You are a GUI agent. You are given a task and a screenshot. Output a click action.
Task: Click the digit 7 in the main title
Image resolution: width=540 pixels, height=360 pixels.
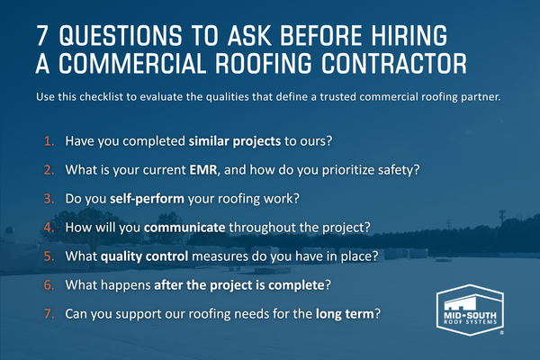(x=42, y=35)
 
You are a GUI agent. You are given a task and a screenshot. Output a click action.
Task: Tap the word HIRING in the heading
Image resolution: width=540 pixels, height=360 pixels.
(x=409, y=35)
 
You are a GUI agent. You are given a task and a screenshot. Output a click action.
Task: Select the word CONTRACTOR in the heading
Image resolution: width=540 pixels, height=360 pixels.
(x=394, y=64)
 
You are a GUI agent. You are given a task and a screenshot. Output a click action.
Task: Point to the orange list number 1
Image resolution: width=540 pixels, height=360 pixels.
(x=49, y=141)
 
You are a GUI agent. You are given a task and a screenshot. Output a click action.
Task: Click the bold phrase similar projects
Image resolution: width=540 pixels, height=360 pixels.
(x=235, y=141)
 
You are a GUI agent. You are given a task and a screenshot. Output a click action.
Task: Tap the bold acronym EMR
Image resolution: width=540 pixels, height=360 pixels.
(x=203, y=170)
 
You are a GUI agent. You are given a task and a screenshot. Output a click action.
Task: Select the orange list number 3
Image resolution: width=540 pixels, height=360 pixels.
(x=49, y=199)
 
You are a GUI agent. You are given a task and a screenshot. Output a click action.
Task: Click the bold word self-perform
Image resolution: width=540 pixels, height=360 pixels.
(x=147, y=199)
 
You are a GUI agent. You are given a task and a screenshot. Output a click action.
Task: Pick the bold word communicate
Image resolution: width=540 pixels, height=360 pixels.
(x=184, y=228)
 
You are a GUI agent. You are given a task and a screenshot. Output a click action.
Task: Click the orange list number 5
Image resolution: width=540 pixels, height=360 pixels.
(x=49, y=256)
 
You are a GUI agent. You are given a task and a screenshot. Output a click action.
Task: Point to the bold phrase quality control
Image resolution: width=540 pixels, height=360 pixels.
(x=144, y=256)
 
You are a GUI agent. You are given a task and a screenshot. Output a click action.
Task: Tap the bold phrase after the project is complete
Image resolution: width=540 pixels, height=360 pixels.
(x=239, y=285)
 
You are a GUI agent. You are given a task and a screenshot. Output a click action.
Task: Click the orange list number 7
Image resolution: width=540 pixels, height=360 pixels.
(x=49, y=314)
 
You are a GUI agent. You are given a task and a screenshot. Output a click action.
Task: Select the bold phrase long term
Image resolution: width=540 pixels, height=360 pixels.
(x=345, y=314)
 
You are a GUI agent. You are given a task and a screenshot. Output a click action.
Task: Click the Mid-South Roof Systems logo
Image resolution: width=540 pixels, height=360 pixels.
(x=470, y=310)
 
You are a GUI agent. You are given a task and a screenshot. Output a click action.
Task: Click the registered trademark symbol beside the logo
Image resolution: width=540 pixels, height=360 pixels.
(x=501, y=333)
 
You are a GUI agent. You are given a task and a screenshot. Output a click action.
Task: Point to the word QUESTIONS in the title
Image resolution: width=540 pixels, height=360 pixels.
(x=121, y=35)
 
